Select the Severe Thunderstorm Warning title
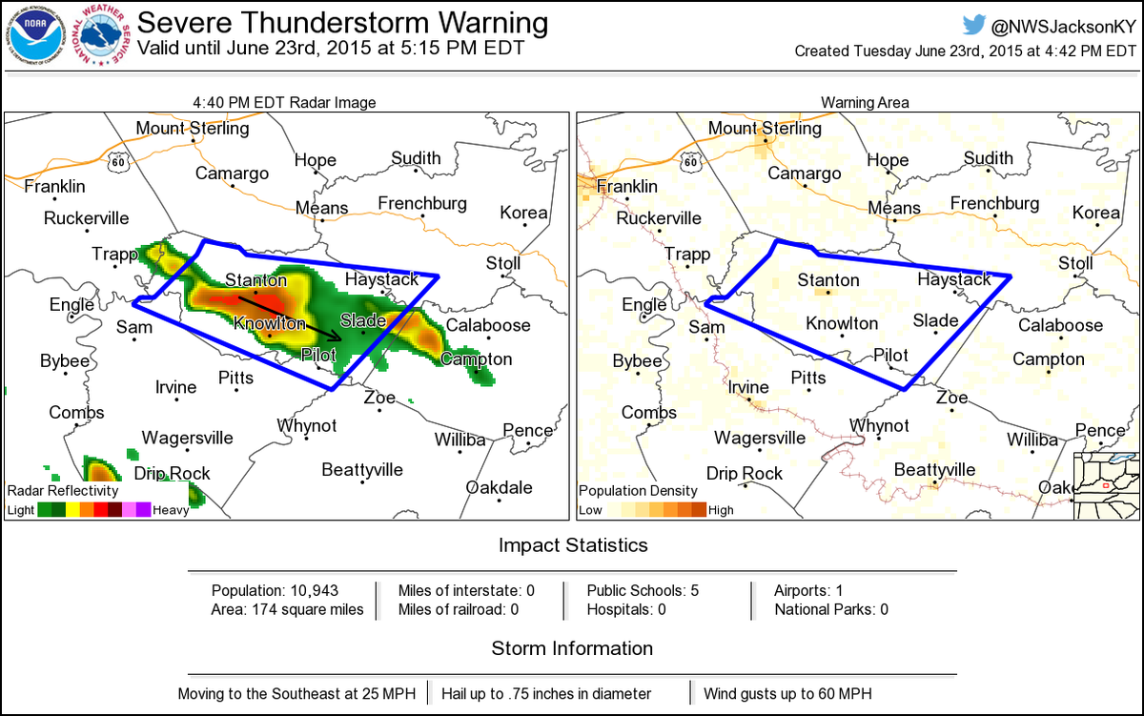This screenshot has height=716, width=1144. [343, 23]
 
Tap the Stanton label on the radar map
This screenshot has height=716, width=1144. [255, 280]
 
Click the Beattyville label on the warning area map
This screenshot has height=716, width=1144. [935, 470]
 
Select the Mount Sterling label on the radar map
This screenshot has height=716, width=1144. [192, 128]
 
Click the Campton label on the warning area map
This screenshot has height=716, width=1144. [1048, 359]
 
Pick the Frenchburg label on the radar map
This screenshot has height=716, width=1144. [422, 203]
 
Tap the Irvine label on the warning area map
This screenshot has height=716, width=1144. [747, 387]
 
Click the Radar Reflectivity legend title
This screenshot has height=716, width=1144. [63, 490]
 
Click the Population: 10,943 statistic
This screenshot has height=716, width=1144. [275, 590]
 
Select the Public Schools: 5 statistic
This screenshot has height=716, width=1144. [643, 590]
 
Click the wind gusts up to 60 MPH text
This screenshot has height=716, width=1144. [787, 694]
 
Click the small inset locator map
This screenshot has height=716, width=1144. [1106, 486]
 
